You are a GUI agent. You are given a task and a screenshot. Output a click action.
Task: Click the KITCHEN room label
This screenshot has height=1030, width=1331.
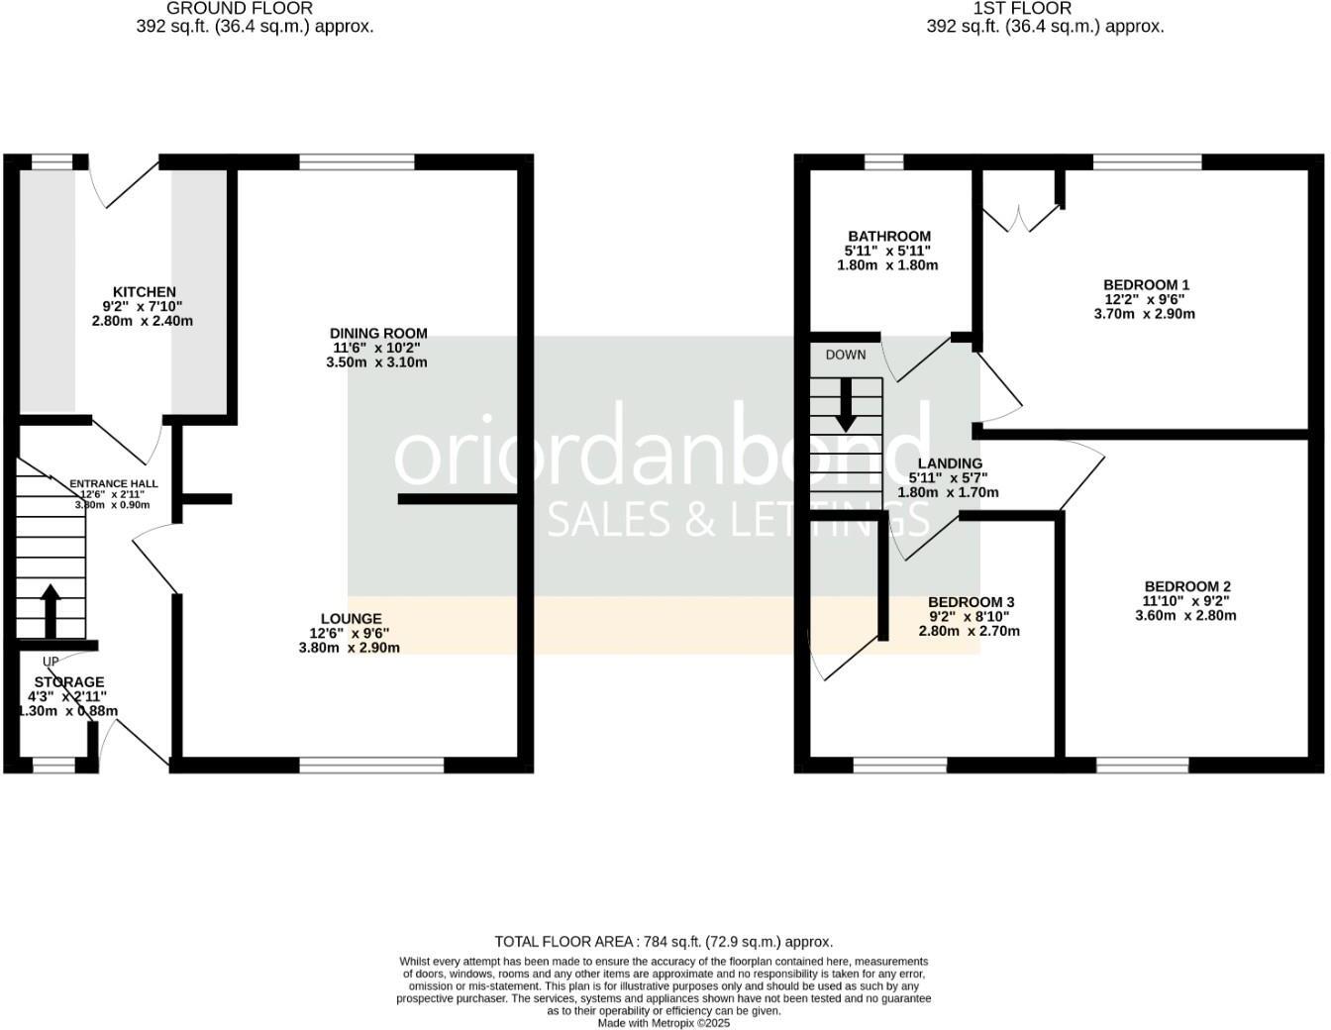point(145,292)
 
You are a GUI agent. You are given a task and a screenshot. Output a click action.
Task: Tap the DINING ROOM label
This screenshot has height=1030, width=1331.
point(378,334)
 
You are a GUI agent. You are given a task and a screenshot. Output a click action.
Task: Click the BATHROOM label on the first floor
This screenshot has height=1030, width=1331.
point(888,237)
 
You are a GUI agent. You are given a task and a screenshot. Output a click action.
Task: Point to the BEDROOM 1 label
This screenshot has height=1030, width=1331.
point(1147,285)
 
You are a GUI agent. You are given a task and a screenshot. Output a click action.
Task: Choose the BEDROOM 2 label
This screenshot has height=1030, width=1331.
point(1187,586)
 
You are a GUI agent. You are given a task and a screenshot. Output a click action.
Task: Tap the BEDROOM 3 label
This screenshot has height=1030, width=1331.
point(971,602)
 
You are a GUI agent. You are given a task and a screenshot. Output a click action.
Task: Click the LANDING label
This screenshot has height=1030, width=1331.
point(950,463)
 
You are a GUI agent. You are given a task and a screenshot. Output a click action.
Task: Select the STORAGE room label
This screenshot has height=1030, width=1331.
point(69,682)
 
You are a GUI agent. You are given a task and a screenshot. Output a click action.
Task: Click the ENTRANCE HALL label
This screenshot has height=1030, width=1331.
point(114,484)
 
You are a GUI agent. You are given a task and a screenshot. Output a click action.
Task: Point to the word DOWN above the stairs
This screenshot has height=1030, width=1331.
point(845,356)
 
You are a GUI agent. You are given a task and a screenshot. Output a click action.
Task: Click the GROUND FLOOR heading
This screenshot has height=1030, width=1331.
point(226,8)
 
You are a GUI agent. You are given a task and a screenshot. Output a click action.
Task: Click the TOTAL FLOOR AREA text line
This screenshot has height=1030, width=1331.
point(664,942)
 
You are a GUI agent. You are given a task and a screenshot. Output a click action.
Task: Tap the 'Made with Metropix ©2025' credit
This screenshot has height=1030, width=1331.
point(664,1023)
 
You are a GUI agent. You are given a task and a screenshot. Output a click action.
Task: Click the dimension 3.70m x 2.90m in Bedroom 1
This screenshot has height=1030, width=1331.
point(1144,314)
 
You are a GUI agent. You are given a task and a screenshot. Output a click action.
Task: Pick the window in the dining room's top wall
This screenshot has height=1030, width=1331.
point(357,162)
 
